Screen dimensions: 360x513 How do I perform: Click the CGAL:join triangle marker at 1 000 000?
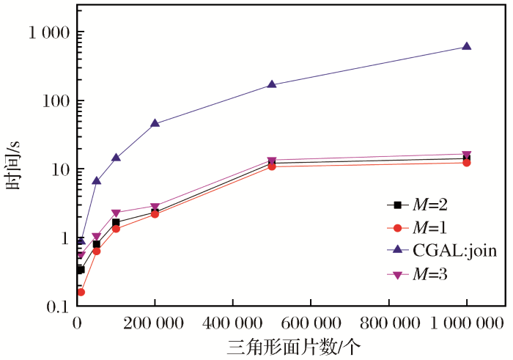(467, 46)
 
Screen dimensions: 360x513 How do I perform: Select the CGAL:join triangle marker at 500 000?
(272, 84)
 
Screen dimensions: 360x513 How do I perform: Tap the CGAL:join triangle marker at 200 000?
(155, 122)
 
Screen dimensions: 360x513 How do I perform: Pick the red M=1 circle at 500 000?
(272, 166)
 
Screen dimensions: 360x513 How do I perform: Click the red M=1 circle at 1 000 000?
(467, 162)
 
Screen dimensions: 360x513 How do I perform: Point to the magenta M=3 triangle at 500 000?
(272, 161)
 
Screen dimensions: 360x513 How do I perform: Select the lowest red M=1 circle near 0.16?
(81, 292)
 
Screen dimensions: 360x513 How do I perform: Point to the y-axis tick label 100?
(56, 101)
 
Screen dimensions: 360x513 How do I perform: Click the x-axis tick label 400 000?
(232, 323)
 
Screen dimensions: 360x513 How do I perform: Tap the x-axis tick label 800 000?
(388, 323)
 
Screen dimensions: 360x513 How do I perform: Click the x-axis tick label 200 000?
(155, 323)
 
